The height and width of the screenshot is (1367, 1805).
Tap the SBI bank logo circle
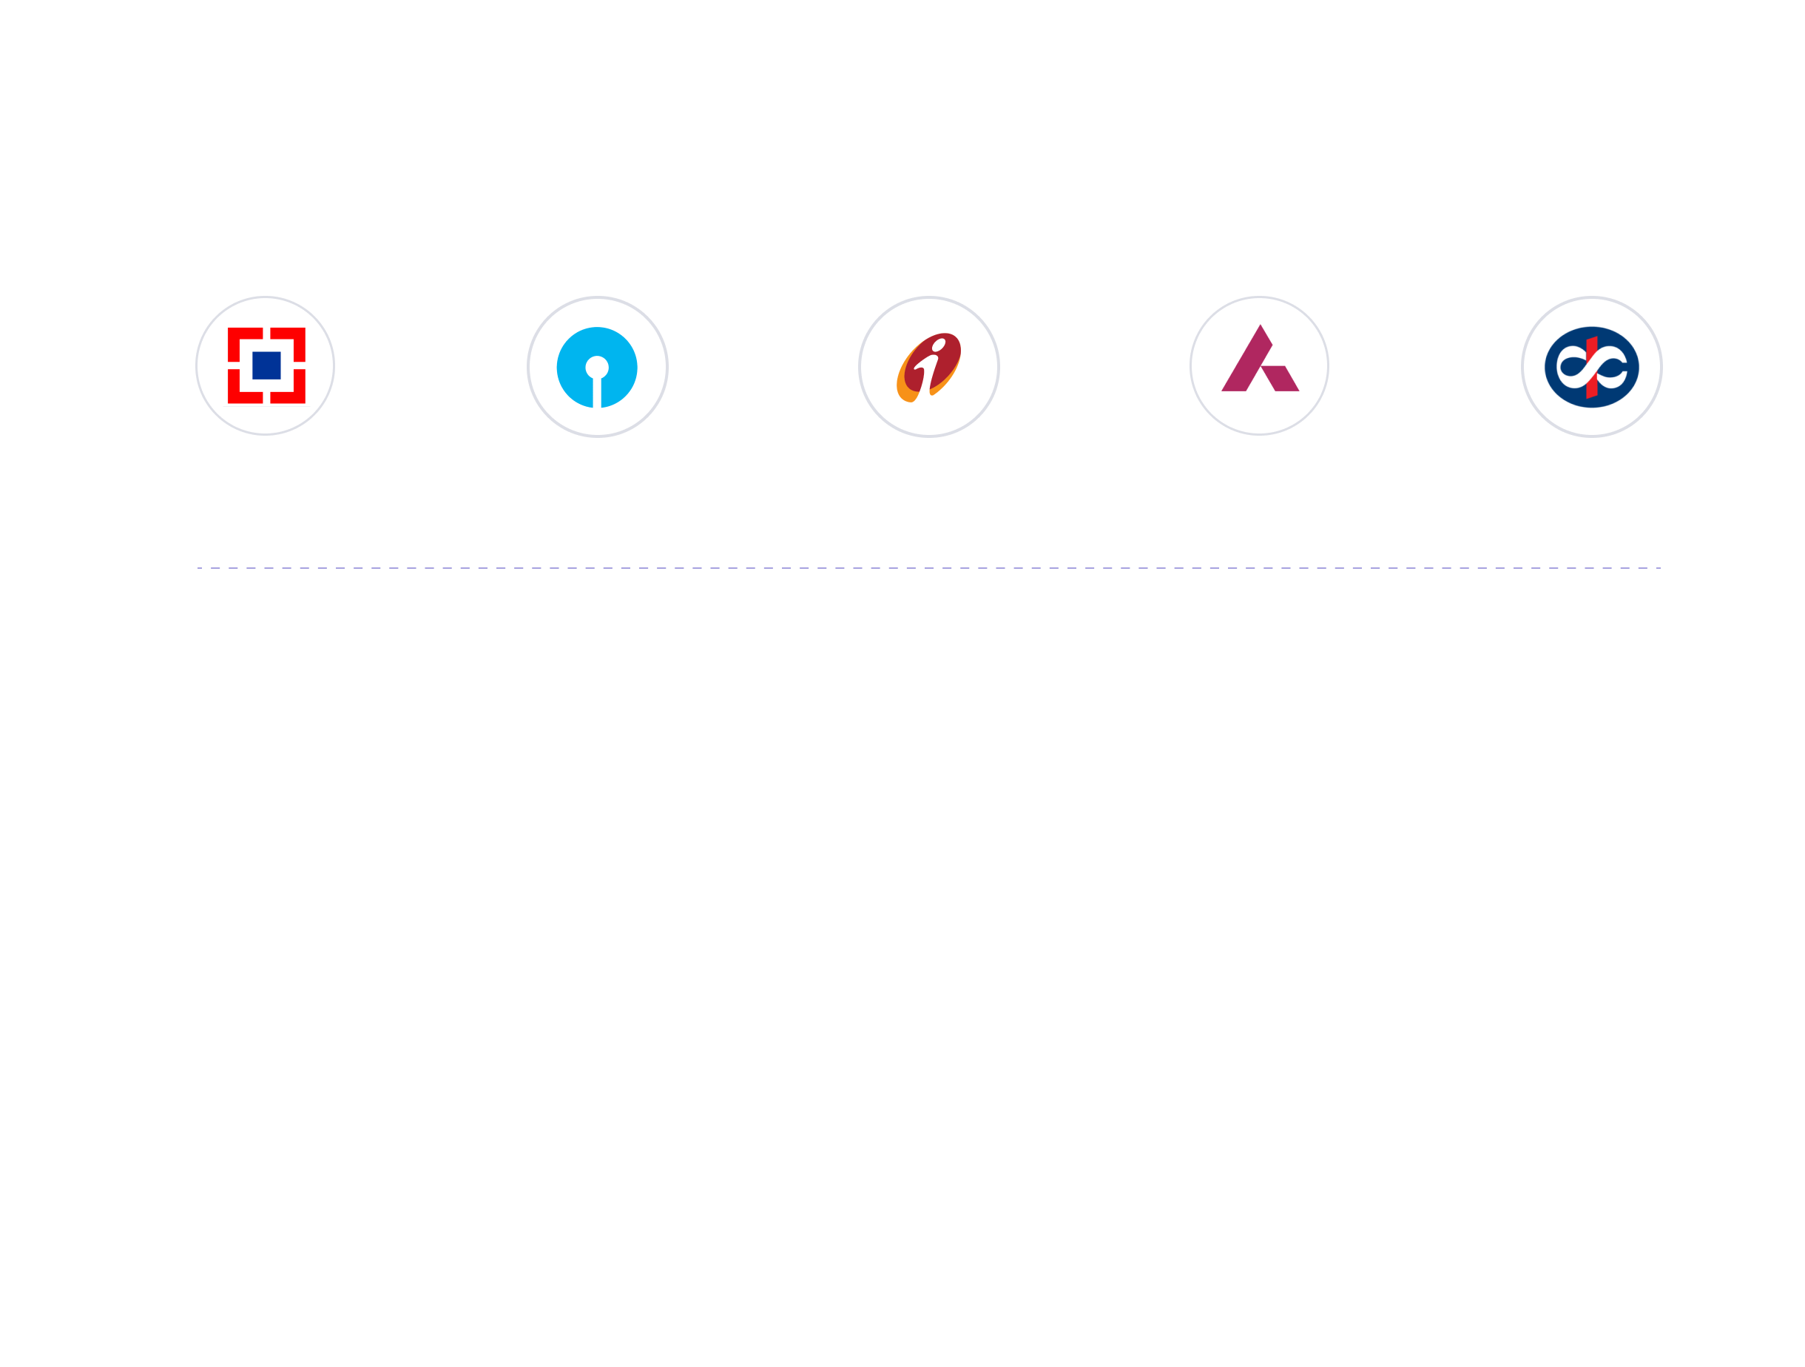coord(597,366)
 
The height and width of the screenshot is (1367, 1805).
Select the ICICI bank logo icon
coord(928,366)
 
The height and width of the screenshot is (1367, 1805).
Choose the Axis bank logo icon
coord(1259,365)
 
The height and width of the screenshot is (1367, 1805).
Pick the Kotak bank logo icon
coord(1591,366)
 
